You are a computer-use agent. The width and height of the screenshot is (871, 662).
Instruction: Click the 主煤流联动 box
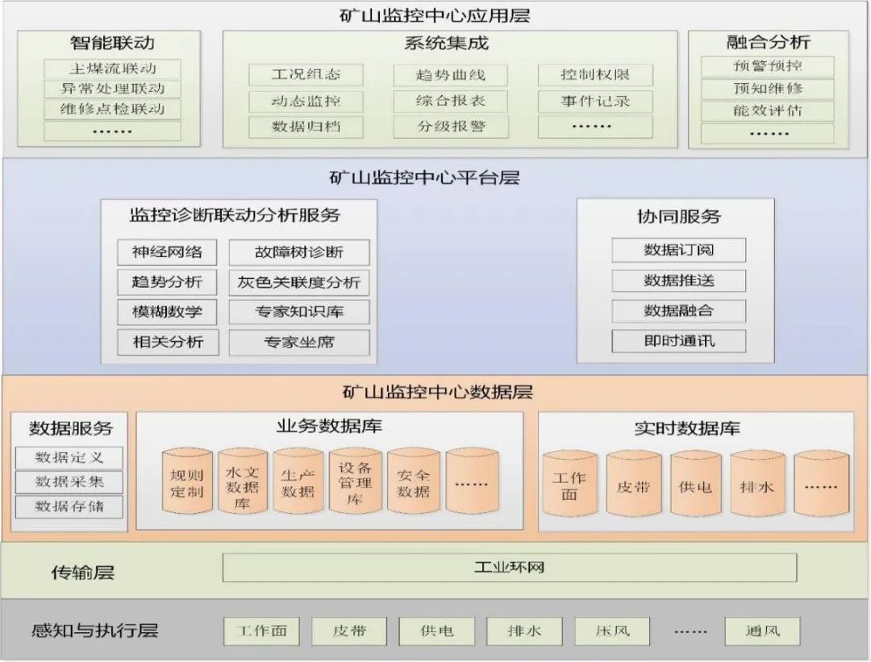click(112, 68)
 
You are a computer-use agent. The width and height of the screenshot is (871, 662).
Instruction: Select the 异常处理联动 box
click(112, 89)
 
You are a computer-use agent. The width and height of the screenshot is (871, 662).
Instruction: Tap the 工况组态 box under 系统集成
click(306, 75)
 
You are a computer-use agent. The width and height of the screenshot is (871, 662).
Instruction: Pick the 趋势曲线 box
click(451, 76)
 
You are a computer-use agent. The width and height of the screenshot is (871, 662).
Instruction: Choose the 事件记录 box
click(595, 102)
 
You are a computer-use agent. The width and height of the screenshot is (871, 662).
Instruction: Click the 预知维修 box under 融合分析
click(768, 89)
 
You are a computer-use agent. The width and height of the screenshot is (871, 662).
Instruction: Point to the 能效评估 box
click(768, 111)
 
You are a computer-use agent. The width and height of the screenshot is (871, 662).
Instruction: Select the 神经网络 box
click(167, 252)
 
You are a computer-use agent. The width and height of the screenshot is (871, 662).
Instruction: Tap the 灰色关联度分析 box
click(299, 283)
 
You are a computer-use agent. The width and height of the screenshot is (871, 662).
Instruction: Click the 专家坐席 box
click(299, 342)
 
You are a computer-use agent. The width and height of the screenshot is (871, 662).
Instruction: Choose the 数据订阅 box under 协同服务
click(678, 250)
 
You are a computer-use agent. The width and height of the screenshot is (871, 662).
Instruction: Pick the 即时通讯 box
click(678, 341)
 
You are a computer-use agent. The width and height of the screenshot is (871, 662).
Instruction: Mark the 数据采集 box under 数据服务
click(69, 482)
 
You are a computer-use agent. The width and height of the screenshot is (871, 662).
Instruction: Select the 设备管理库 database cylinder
click(355, 482)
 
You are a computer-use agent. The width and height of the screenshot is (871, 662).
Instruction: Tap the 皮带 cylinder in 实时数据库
click(633, 485)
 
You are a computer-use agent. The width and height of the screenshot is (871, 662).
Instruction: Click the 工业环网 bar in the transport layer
click(509, 568)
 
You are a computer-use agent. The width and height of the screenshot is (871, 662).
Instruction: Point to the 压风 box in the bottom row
click(612, 631)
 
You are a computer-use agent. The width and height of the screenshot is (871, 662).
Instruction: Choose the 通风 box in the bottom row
click(762, 631)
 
